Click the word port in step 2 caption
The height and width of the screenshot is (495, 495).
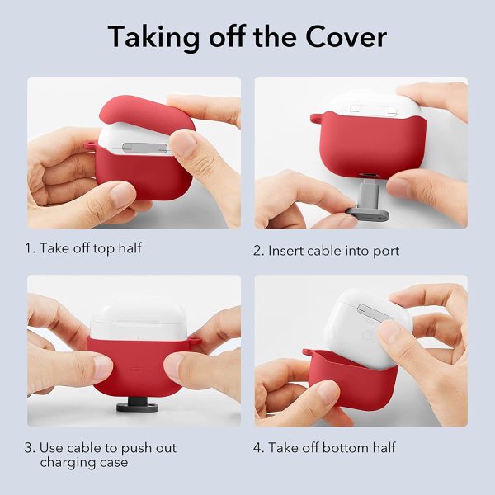click(x=385, y=250)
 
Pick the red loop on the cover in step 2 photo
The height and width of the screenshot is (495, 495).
click(x=314, y=119)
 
